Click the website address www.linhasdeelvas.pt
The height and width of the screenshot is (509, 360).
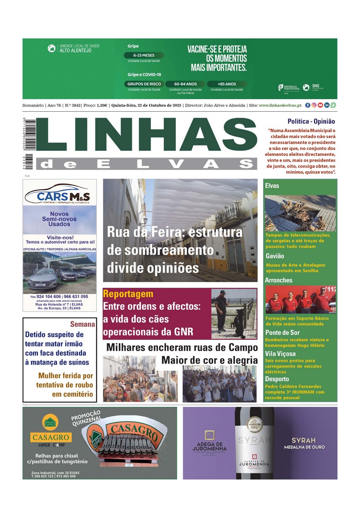click(280, 105)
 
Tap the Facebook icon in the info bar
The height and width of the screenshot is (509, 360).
click(308, 105)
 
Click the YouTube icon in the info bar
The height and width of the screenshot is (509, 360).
click(320, 105)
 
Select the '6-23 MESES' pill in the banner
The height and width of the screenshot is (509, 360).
click(144, 55)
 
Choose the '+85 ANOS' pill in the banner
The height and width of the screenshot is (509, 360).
click(227, 84)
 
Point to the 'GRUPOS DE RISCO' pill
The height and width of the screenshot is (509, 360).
click(144, 84)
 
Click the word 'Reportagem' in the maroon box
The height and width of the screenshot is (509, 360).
click(128, 294)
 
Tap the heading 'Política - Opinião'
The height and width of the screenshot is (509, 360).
click(311, 122)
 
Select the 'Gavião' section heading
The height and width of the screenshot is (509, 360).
click(275, 256)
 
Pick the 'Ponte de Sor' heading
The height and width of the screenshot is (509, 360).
click(282, 332)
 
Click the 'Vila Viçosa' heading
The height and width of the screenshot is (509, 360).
click(280, 353)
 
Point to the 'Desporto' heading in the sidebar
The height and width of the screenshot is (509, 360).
click(277, 379)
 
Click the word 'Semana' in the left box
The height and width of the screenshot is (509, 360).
click(82, 324)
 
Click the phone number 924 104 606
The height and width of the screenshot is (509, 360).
click(48, 297)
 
